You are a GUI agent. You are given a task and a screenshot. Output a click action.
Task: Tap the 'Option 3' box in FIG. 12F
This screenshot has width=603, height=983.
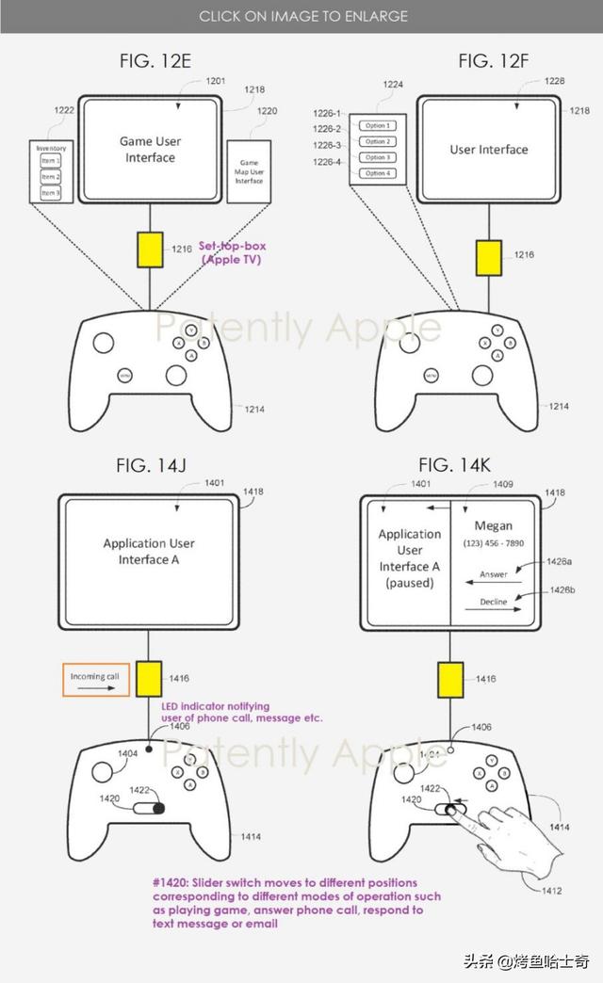click(x=378, y=157)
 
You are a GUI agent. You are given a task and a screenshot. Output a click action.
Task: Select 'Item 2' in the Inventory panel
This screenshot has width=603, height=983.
click(x=50, y=177)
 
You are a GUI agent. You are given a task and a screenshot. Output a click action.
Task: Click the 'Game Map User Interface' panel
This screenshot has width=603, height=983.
click(x=249, y=171)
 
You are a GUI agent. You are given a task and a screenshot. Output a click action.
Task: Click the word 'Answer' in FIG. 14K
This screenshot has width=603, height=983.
click(x=494, y=573)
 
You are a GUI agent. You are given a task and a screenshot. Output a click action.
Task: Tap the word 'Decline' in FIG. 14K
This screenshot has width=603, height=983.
click(x=493, y=602)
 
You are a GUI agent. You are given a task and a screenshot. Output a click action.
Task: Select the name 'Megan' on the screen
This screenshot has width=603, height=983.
click(x=494, y=525)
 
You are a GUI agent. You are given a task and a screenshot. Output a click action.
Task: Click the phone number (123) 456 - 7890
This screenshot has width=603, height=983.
click(x=494, y=545)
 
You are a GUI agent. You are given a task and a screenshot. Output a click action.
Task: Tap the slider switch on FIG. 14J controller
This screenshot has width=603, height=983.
click(x=149, y=808)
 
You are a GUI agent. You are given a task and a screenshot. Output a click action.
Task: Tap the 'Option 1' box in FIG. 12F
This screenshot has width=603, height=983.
click(x=378, y=125)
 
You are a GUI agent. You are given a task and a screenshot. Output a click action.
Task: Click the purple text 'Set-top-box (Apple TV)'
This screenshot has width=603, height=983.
click(x=231, y=252)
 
